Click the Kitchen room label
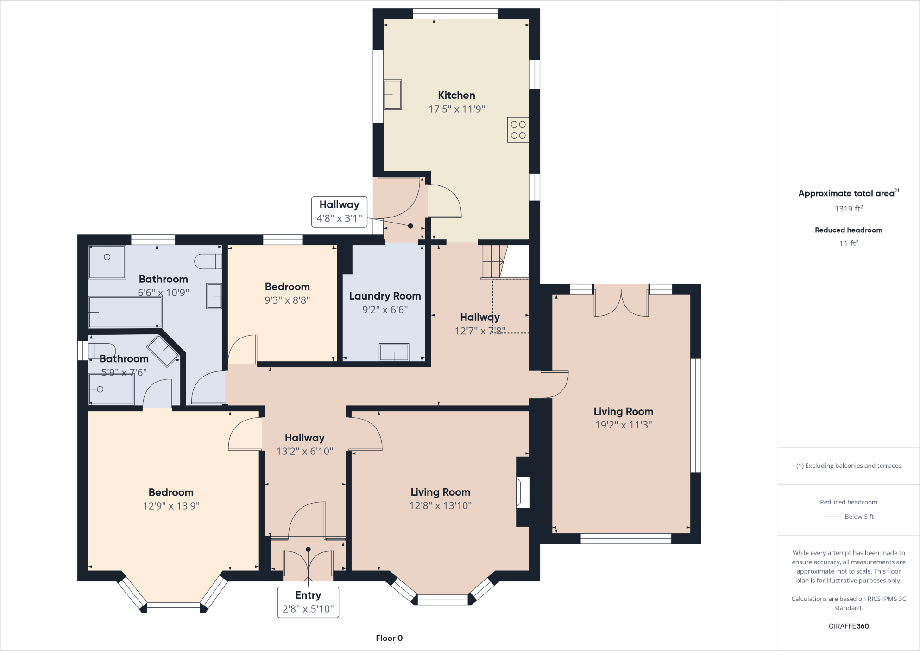tap(456, 95)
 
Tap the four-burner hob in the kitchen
tap(518, 130)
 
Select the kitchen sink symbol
tap(392, 95)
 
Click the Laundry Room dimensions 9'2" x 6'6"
tap(384, 310)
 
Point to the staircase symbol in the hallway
tap(494, 262)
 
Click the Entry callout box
tap(308, 602)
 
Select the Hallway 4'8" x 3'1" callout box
tap(339, 211)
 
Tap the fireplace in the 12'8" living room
tap(523, 492)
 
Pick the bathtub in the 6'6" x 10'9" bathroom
tap(125, 312)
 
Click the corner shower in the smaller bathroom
tap(163, 350)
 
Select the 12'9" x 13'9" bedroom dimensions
tap(171, 506)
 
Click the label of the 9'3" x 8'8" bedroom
tap(287, 287)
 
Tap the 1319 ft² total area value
tap(848, 209)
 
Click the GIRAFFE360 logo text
tap(848, 626)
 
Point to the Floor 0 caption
tap(389, 638)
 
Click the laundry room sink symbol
tap(394, 352)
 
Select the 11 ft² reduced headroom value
tap(848, 243)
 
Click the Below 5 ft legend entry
tap(858, 517)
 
